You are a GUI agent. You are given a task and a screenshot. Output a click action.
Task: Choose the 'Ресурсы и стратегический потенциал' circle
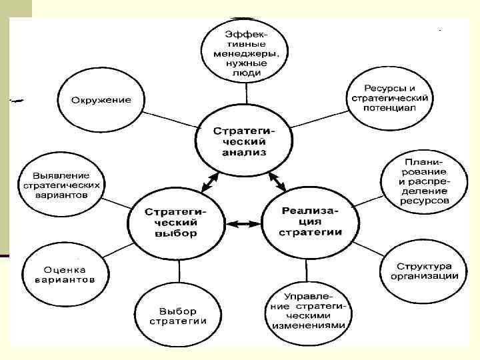pyautogui.click(x=389, y=98)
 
